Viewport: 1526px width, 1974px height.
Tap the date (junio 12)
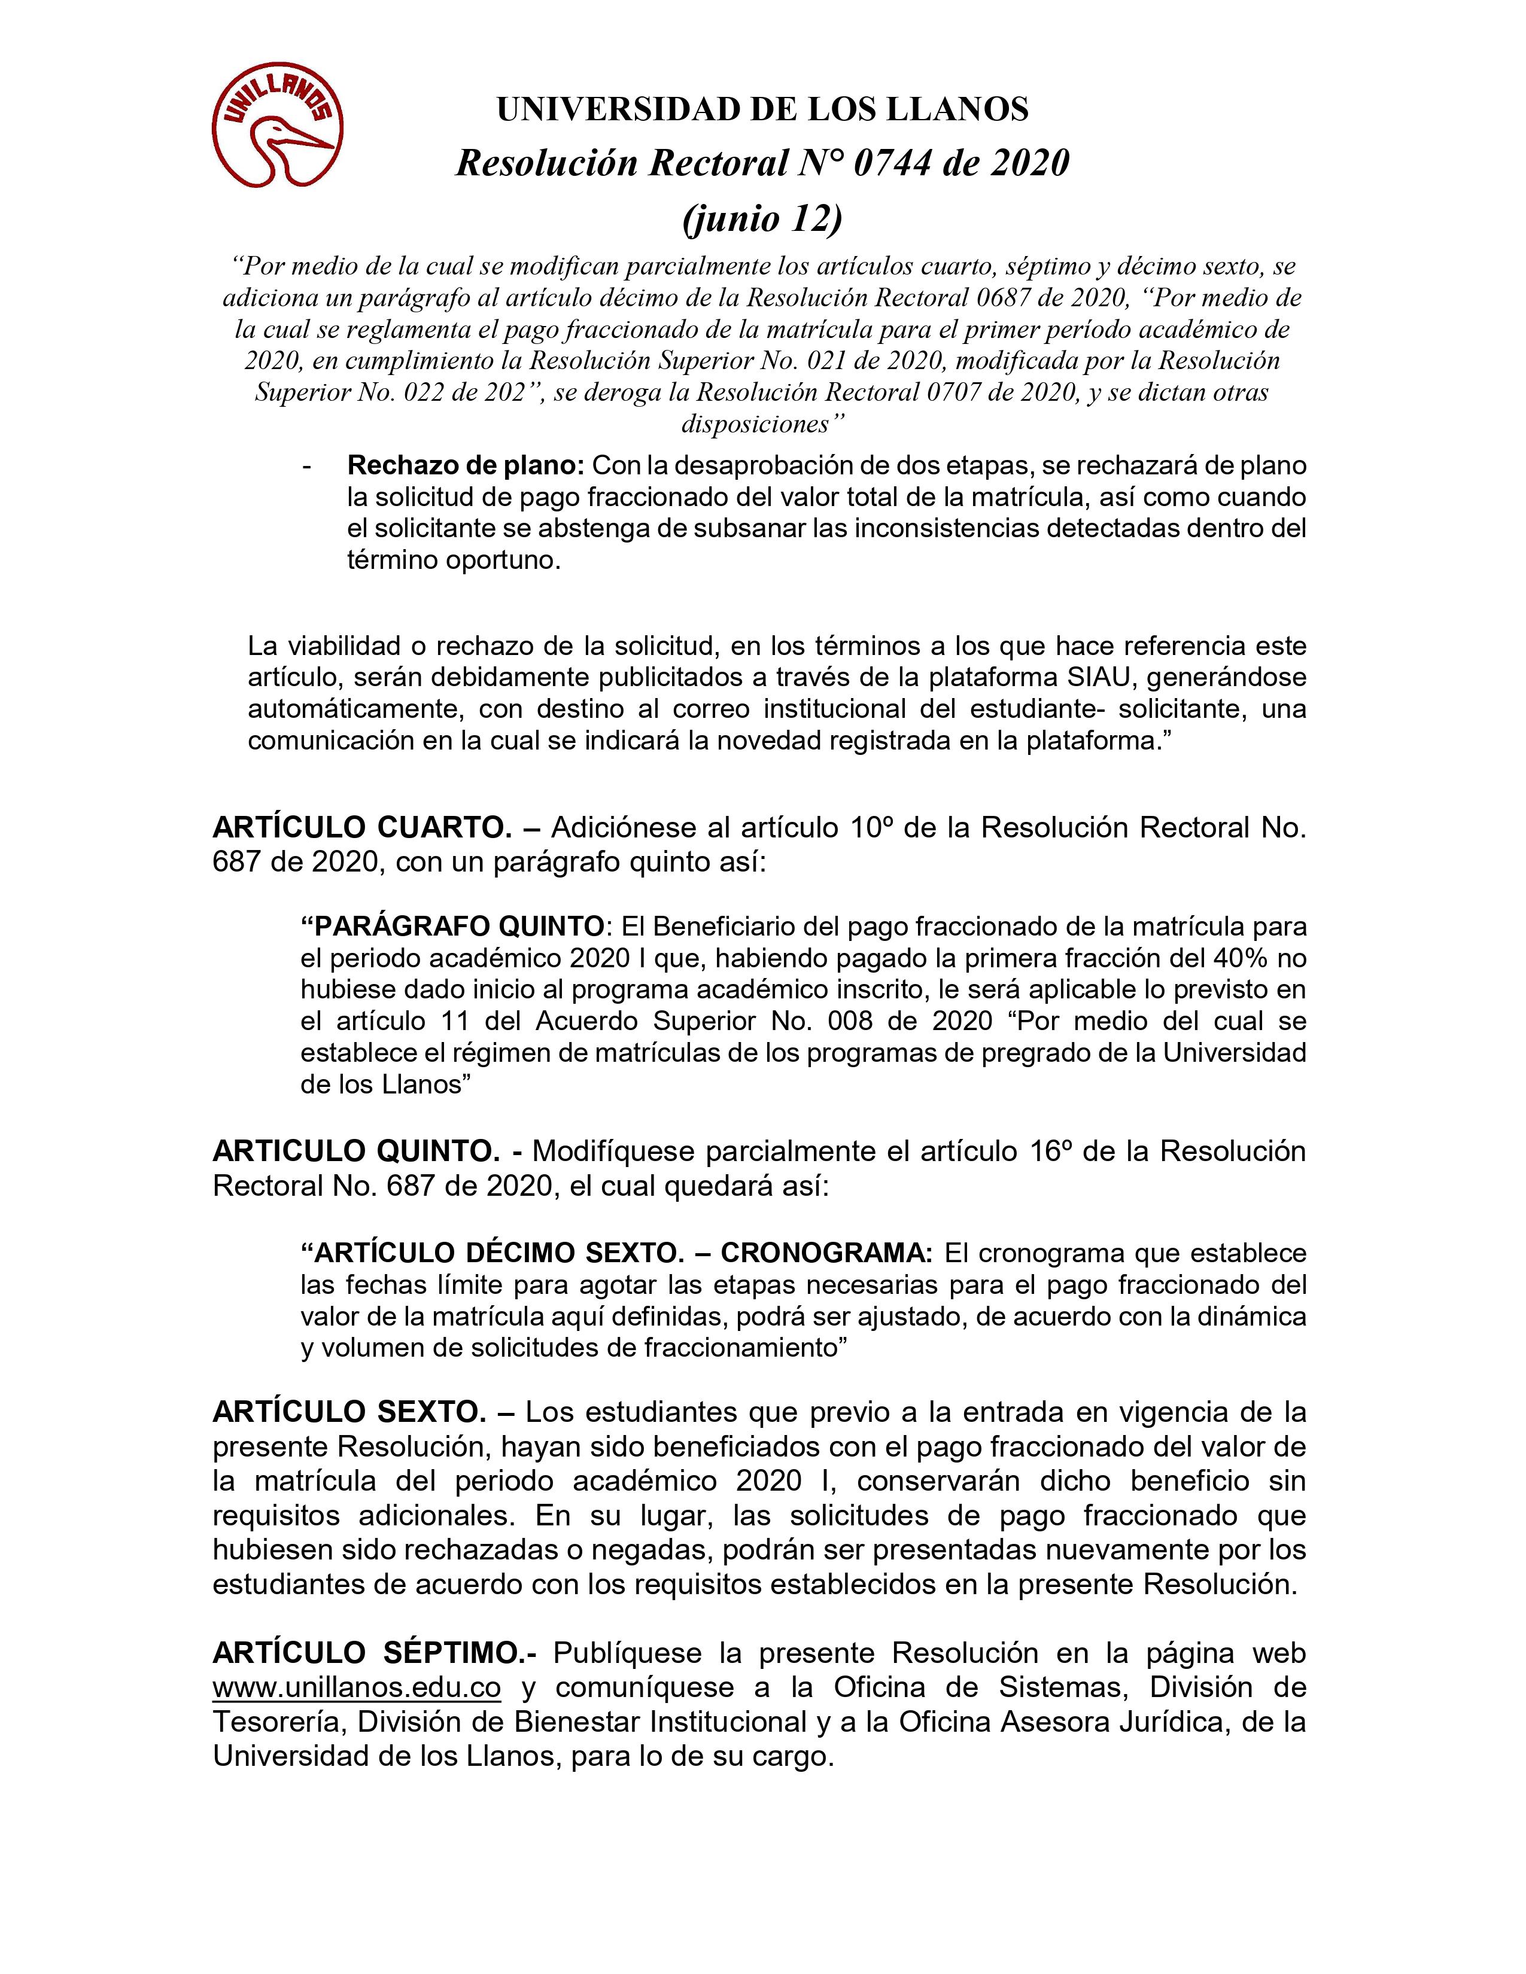762,218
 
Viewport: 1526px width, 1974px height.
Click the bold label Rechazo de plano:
467,467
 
